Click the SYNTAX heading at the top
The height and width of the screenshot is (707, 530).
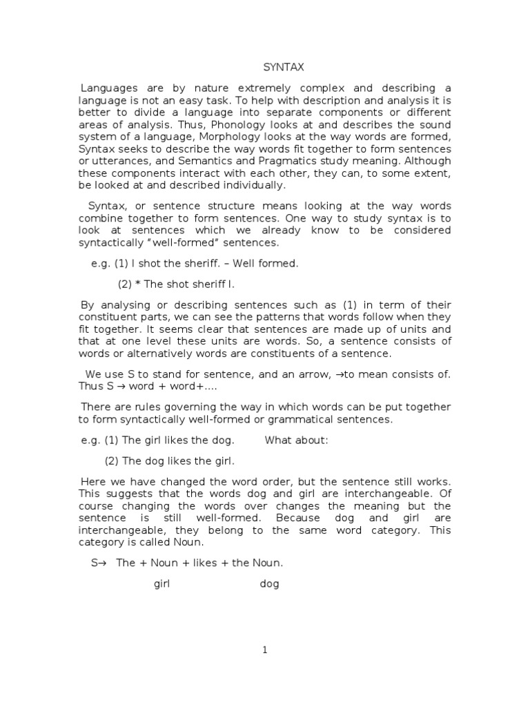(284, 68)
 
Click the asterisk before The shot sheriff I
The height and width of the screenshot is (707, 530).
(148, 284)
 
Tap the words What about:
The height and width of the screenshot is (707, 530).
(297, 440)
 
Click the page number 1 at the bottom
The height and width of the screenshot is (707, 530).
(265, 650)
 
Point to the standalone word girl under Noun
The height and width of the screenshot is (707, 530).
(161, 584)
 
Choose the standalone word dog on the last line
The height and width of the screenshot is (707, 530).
(270, 584)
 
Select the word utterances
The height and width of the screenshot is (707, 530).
(113, 161)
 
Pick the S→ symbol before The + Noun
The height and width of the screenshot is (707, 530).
(97, 563)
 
